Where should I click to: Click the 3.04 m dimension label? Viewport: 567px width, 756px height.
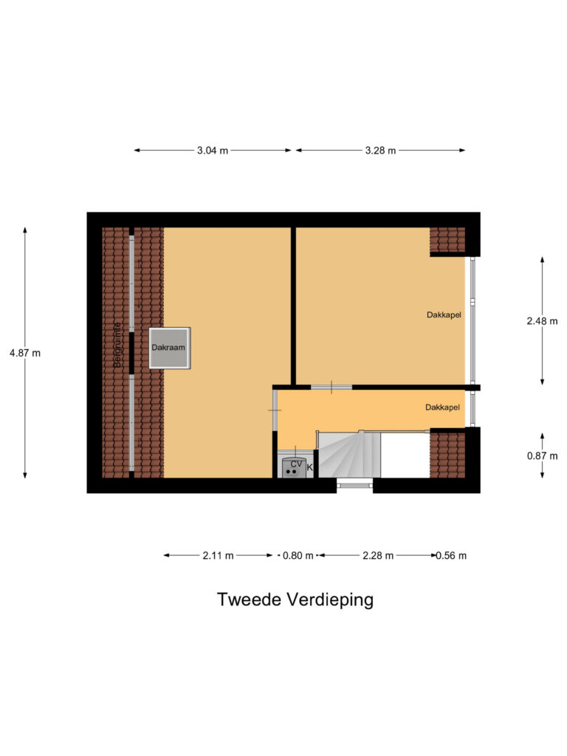click(x=212, y=151)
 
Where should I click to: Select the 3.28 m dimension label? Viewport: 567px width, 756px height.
click(x=380, y=151)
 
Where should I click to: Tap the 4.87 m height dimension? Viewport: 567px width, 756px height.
click(x=25, y=353)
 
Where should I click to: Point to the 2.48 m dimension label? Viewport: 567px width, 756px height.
click(x=542, y=321)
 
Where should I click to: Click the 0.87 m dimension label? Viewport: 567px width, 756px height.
click(x=542, y=456)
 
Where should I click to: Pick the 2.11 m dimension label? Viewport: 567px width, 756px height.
click(x=218, y=555)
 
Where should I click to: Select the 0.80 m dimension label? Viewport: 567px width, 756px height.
click(x=298, y=555)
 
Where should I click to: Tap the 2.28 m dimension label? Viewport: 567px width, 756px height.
click(x=378, y=555)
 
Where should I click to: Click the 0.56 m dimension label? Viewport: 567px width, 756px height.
click(x=451, y=555)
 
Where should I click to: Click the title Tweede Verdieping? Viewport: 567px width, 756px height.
click(x=295, y=600)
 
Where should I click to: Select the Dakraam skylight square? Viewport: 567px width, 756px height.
click(x=169, y=348)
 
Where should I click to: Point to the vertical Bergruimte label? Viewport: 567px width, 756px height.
click(x=117, y=344)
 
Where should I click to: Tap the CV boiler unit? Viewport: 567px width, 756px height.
click(x=294, y=466)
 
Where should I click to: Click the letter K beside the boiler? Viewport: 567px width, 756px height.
click(x=310, y=467)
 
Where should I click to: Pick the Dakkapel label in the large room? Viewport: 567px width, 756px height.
click(x=444, y=315)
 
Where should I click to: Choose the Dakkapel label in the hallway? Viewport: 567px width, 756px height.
click(x=442, y=408)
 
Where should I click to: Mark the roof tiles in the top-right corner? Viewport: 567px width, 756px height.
click(x=447, y=240)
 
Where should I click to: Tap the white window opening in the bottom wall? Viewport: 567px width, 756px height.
click(x=354, y=483)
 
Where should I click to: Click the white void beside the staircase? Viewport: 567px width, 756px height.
click(x=405, y=455)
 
